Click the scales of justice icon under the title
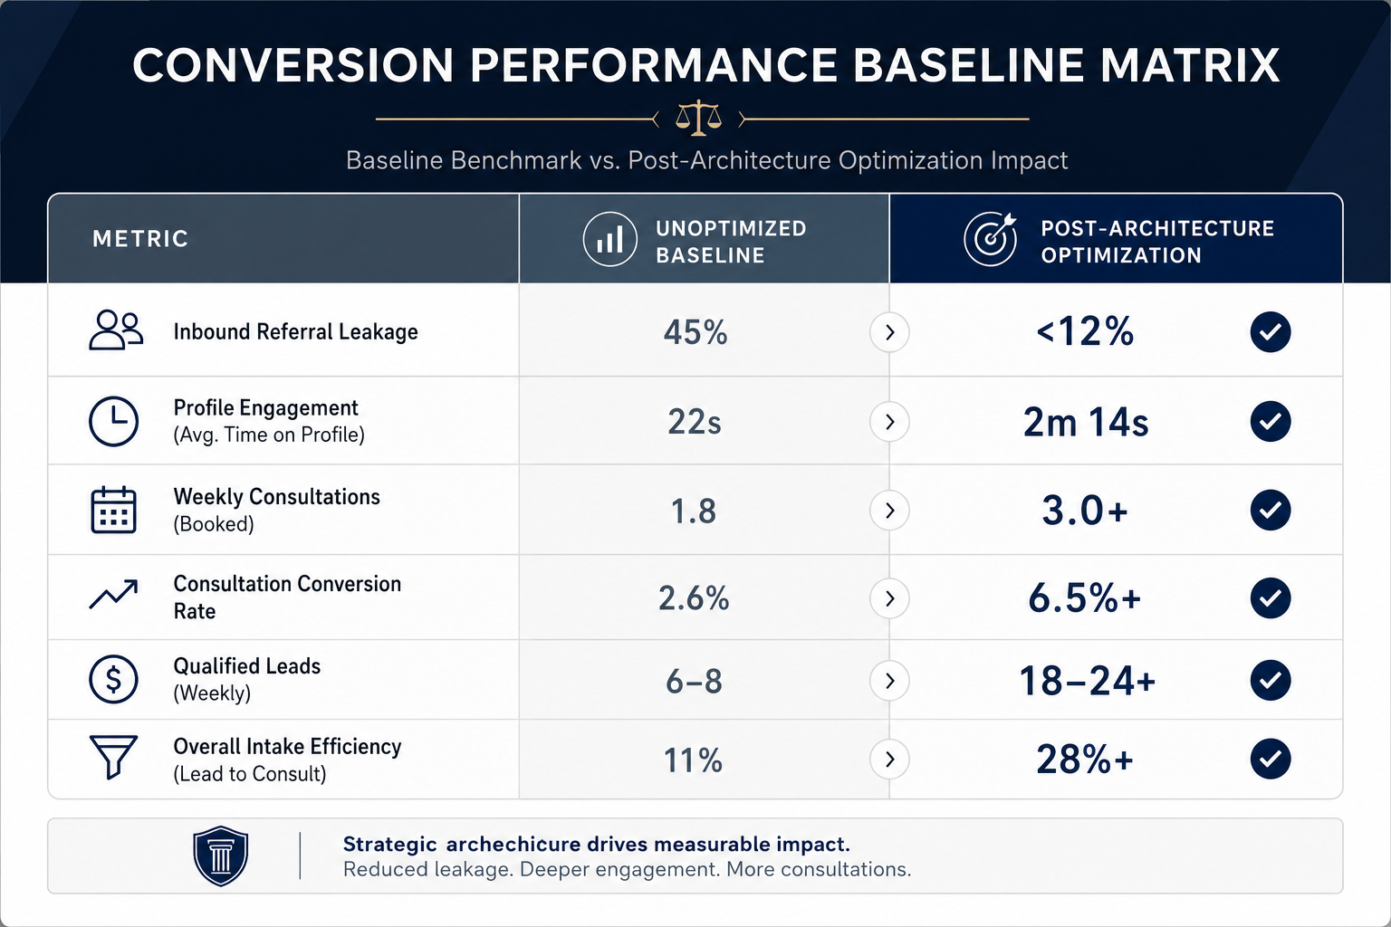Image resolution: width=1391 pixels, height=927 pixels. coord(698,118)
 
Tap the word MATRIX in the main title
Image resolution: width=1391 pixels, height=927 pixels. coord(1190,64)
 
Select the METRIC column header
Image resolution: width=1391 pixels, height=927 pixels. coord(140,238)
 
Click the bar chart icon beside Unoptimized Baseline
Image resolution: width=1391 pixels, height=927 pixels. coord(609,239)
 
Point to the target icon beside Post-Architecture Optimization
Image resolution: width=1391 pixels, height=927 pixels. coord(991,239)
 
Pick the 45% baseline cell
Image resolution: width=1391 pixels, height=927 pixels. coord(695,331)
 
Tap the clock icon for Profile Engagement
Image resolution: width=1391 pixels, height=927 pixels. coord(113,421)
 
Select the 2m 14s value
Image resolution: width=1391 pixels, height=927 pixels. coord(1086,422)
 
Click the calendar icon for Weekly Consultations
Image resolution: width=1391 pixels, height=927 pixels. coord(113,510)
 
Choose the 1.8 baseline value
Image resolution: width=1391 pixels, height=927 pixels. coord(694,511)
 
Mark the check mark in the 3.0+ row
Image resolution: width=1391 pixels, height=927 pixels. coord(1271,510)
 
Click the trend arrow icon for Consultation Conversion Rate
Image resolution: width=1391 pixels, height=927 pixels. coord(113,595)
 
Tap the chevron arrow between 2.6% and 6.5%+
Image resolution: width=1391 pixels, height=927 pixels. coord(890,598)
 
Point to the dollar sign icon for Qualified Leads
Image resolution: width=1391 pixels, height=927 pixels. coord(113,679)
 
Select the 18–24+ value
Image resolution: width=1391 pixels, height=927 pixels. coord(1087,681)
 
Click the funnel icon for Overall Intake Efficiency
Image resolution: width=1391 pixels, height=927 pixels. coord(113,757)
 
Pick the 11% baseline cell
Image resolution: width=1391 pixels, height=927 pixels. coord(693,760)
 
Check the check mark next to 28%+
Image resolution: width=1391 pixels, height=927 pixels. coord(1271,759)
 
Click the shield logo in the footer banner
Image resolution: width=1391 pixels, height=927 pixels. coord(220,855)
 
